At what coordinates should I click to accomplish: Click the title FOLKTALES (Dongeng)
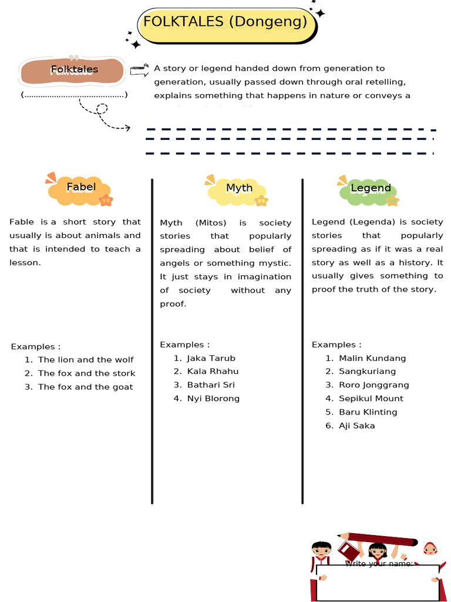pyautogui.click(x=225, y=23)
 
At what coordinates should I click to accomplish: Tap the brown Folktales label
pyautogui.click(x=73, y=70)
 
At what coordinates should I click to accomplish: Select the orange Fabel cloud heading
pyautogui.click(x=80, y=188)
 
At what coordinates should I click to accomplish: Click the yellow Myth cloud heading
pyautogui.click(x=238, y=189)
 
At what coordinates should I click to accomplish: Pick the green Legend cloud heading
pyautogui.click(x=370, y=189)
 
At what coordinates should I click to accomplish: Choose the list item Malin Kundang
pyautogui.click(x=372, y=358)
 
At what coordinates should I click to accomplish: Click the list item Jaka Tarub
pyautogui.click(x=211, y=358)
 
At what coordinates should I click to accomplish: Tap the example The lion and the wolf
pyautogui.click(x=86, y=360)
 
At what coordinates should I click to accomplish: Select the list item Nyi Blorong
pyautogui.click(x=213, y=399)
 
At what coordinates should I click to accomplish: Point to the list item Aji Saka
pyautogui.click(x=356, y=426)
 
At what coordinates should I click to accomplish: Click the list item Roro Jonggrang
pyautogui.click(x=373, y=385)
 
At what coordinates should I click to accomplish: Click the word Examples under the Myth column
pyautogui.click(x=182, y=345)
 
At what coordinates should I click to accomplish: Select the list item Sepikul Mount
pyautogui.click(x=371, y=399)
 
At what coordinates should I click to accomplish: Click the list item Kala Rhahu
pyautogui.click(x=213, y=372)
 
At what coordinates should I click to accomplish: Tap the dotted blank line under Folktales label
pyautogui.click(x=74, y=95)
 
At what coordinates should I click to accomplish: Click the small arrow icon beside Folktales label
pyautogui.click(x=138, y=70)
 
